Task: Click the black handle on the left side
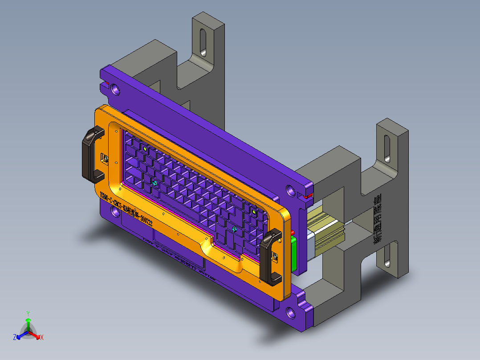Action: point(91,154)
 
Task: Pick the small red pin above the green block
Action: point(293,233)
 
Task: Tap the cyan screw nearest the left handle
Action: point(155,183)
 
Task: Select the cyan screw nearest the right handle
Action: point(234,229)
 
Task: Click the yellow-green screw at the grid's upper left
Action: point(145,147)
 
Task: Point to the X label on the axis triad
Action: point(41,337)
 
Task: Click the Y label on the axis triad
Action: point(28,313)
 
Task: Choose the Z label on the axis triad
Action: point(14,337)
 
